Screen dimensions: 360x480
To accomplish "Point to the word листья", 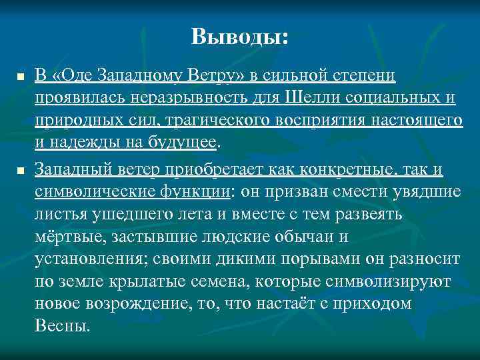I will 57,215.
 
